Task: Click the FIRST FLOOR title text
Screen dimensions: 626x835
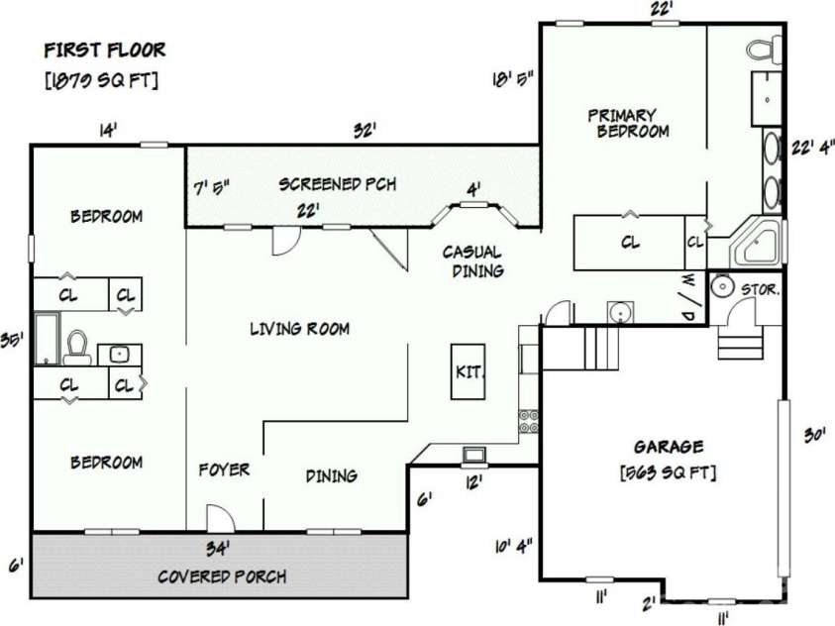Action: pos(105,50)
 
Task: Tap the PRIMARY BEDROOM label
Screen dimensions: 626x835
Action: pos(627,122)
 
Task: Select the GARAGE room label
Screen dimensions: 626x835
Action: pos(669,447)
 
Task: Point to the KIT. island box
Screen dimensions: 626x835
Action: pos(468,371)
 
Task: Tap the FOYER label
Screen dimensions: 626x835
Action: pos(224,469)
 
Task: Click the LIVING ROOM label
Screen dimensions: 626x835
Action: pos(299,329)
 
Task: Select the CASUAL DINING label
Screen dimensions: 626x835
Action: pos(471,261)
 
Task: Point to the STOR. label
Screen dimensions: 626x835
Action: pos(761,290)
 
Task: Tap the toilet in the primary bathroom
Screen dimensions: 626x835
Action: pos(764,47)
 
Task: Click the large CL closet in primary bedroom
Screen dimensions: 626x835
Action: pos(629,241)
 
